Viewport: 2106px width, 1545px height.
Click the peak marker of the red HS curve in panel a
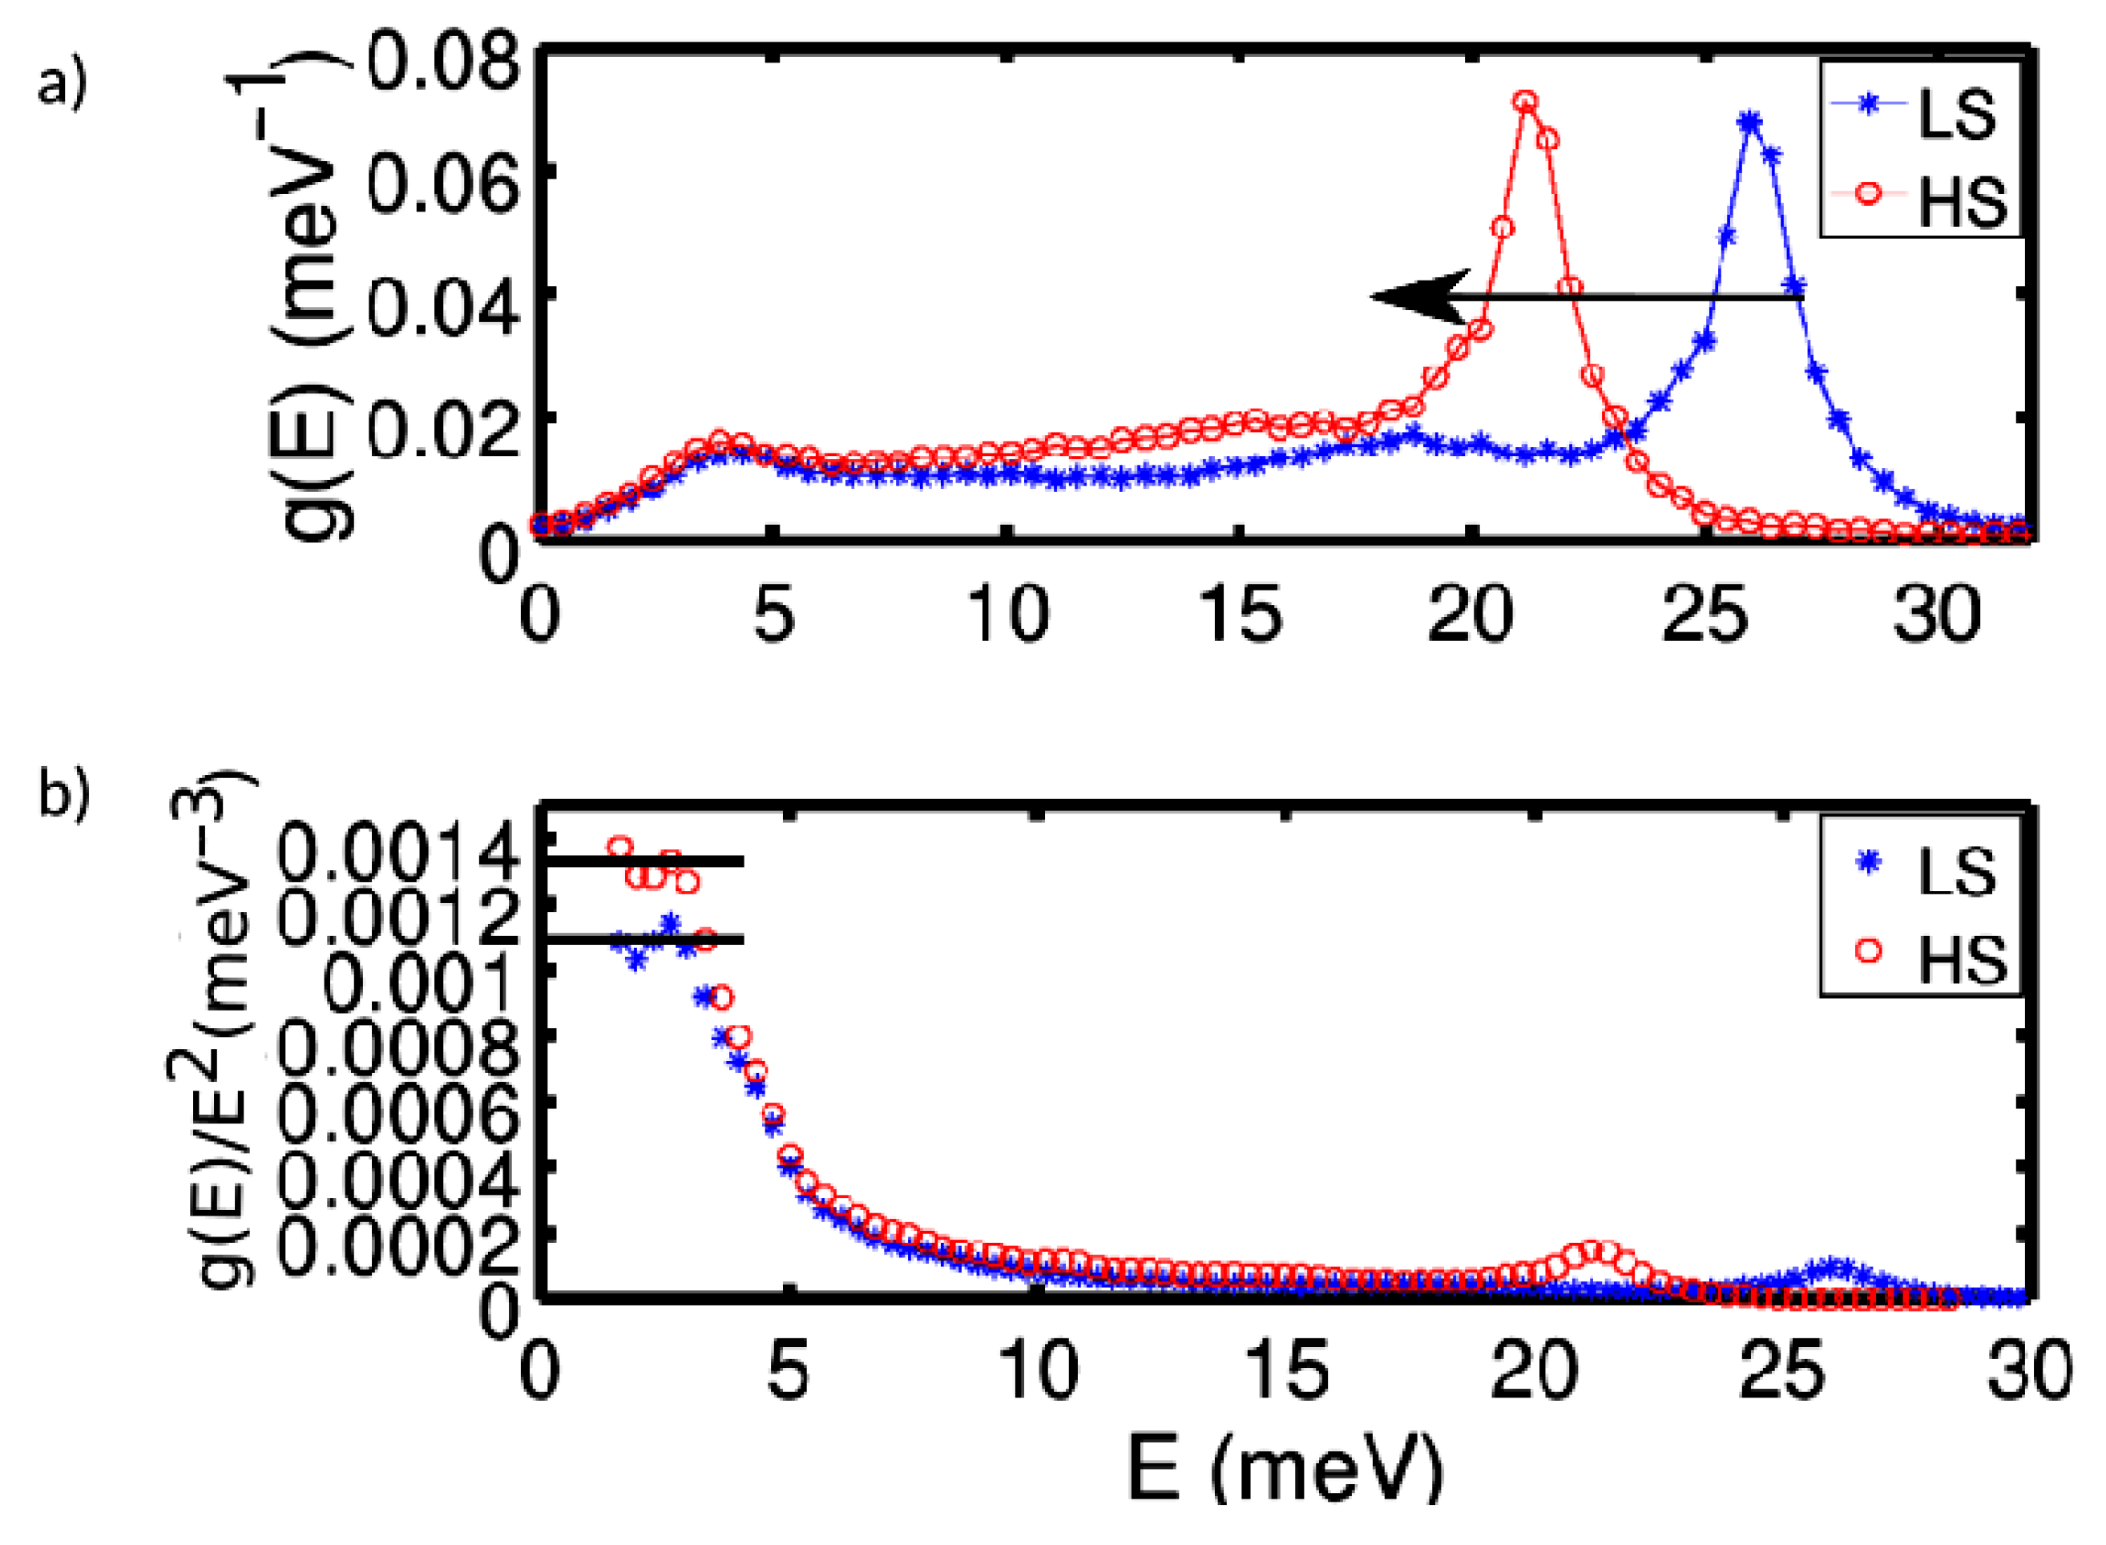tap(1525, 101)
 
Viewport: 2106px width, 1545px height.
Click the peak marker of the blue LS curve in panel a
tap(1749, 122)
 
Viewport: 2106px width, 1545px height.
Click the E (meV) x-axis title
tap(1286, 1472)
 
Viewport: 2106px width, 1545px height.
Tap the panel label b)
tap(62, 796)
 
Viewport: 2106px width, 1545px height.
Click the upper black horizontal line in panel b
tap(645, 861)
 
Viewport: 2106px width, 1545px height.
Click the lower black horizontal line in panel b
tap(645, 939)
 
